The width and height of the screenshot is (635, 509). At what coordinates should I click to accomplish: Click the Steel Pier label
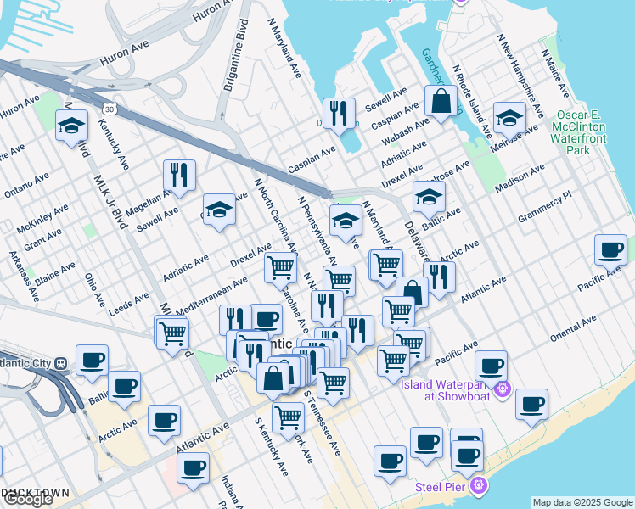tap(438, 487)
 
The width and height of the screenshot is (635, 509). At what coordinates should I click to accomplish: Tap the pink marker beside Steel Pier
tap(479, 486)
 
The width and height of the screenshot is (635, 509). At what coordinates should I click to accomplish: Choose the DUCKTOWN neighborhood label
tap(29, 491)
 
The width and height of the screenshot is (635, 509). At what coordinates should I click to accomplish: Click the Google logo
tap(27, 500)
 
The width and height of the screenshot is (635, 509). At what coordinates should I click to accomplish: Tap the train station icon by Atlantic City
tap(60, 363)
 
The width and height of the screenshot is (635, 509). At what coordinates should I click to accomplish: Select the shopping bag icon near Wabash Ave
tap(441, 102)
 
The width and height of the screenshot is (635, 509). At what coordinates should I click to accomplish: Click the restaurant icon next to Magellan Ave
tap(179, 175)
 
